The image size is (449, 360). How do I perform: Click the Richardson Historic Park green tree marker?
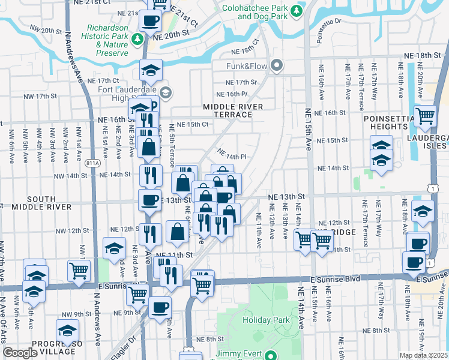pyautogui.click(x=138, y=40)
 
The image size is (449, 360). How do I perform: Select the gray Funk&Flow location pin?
pyautogui.click(x=277, y=65)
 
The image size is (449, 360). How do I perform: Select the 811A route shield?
pyautogui.click(x=92, y=163)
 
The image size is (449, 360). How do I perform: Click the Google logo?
pyautogui.click(x=20, y=353)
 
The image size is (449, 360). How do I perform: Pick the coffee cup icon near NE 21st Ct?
pyautogui.click(x=150, y=20)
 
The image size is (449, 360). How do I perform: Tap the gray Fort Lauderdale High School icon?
pyautogui.click(x=165, y=92)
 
